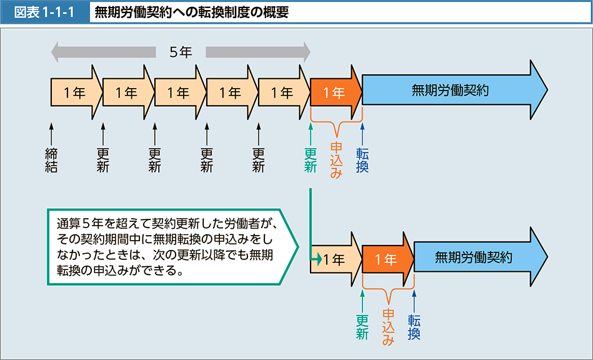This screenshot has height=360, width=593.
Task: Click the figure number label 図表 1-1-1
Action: point(44,12)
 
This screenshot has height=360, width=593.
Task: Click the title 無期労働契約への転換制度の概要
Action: point(192,12)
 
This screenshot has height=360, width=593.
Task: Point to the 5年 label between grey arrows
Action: point(181,52)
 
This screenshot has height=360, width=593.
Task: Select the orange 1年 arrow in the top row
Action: point(335,93)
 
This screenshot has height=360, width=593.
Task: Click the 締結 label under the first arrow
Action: point(51,159)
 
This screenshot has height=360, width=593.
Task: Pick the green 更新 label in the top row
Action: point(310,159)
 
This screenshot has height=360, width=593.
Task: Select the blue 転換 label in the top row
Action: point(362,159)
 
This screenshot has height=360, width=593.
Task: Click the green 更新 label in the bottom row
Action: point(362,326)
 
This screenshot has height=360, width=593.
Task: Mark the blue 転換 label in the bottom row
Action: point(414,326)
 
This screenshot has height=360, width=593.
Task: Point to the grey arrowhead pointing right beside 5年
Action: point(304,52)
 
